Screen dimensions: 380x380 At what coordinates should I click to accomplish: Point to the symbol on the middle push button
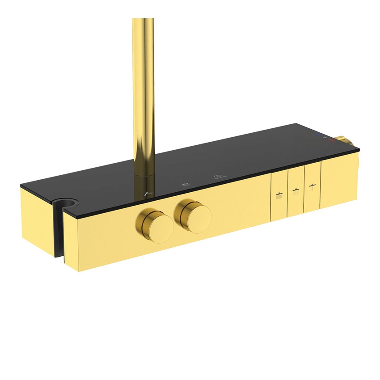click(x=295, y=191)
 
